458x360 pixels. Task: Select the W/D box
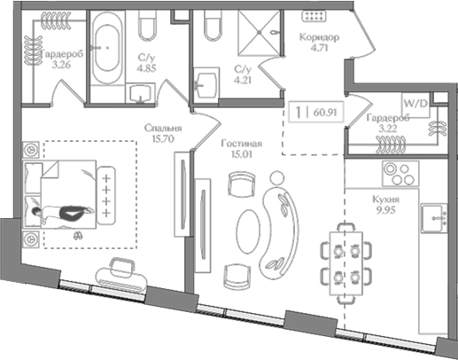point(415,103)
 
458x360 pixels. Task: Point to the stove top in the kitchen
point(393,170)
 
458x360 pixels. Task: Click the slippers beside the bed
point(78,235)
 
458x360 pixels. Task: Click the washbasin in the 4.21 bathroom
point(206,84)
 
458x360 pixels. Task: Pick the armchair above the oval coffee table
point(239,184)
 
